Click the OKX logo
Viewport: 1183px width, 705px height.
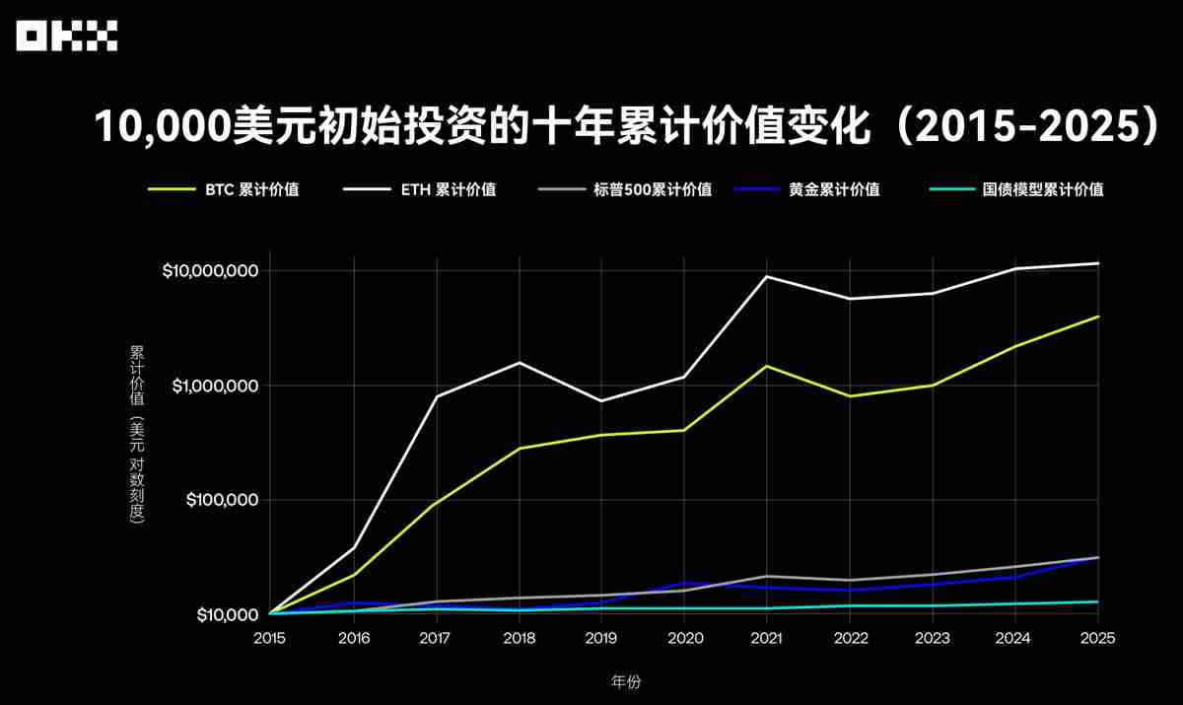67,37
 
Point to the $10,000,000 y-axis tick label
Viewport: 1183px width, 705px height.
210,271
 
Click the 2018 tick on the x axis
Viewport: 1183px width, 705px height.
519,638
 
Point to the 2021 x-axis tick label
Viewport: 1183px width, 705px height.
767,638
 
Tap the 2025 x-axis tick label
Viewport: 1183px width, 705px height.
1097,638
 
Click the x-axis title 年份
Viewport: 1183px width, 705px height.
626,681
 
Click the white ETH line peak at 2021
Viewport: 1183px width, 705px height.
767,276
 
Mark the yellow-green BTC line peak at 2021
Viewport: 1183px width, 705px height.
767,366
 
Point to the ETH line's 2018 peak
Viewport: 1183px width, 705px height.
519,363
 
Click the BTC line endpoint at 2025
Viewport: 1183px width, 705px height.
1097,317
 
